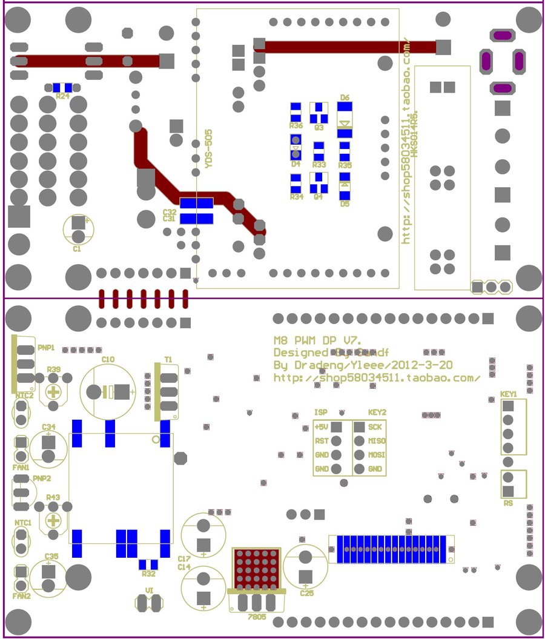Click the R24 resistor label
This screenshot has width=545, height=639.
[62, 96]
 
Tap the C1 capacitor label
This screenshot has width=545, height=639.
[77, 248]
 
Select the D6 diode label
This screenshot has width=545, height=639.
[345, 98]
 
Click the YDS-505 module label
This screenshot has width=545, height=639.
[208, 148]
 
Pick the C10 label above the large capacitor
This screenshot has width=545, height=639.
[108, 360]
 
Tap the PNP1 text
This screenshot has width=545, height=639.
[46, 348]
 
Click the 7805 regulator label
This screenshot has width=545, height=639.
[257, 616]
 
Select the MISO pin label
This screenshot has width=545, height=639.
[377, 440]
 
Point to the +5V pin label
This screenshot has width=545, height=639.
[322, 427]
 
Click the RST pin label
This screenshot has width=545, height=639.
[322, 441]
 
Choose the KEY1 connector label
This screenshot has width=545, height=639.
[509, 394]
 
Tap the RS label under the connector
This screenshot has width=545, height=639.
[508, 503]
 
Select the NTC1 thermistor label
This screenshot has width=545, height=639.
[23, 522]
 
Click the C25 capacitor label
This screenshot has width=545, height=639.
[306, 593]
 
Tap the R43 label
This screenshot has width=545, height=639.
[53, 497]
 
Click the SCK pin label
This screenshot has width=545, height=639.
[375, 427]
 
